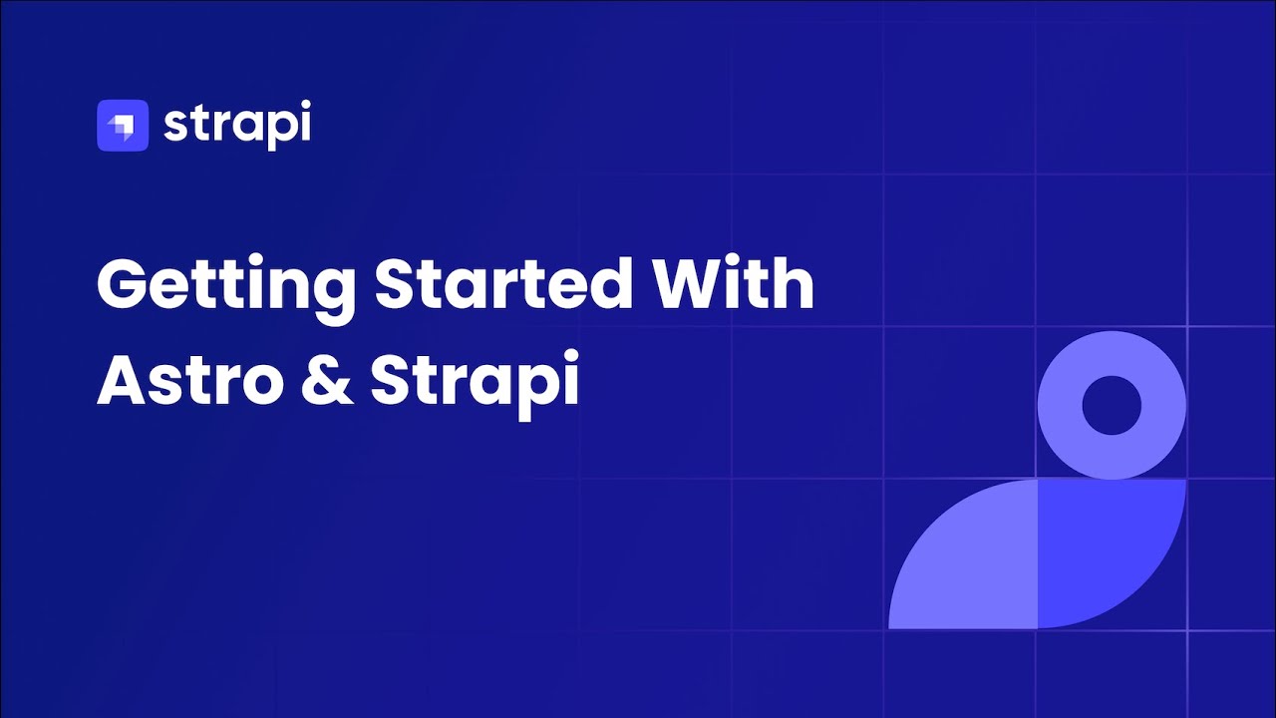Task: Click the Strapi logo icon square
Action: [x=122, y=126]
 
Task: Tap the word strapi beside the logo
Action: [x=236, y=126]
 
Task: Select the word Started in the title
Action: [x=502, y=284]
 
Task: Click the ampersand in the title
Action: [x=326, y=380]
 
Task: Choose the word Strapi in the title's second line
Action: [x=475, y=382]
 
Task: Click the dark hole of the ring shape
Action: [x=1111, y=406]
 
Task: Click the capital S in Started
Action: [x=398, y=284]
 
